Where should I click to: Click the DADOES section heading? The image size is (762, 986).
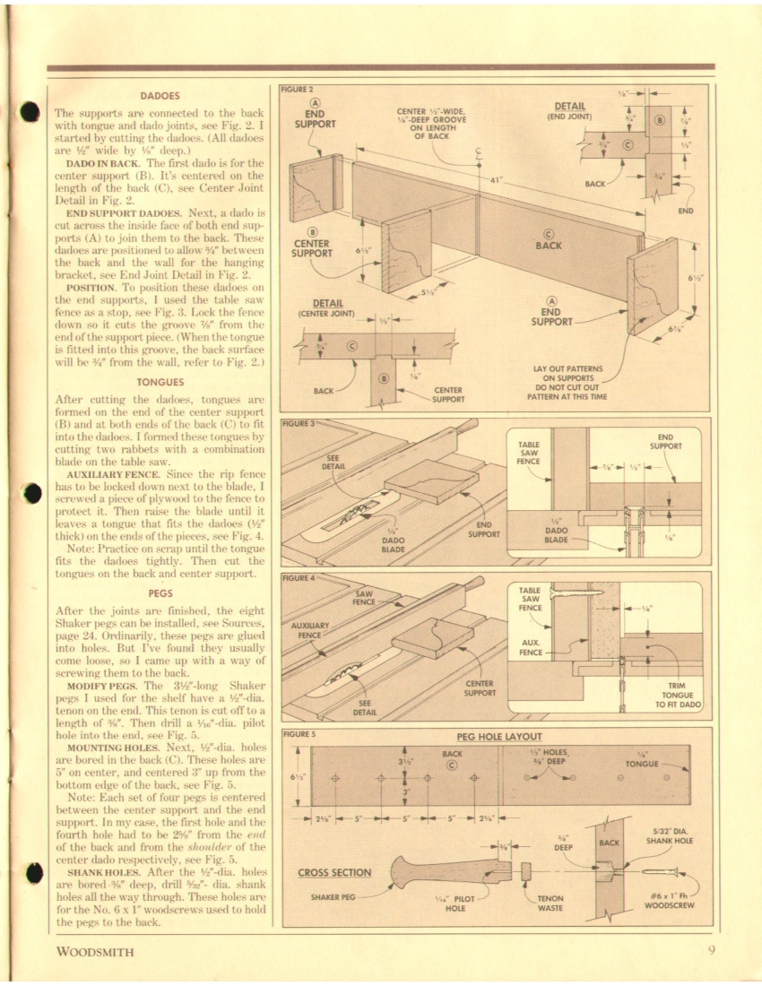(160, 95)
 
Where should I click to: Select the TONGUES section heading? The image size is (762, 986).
(160, 381)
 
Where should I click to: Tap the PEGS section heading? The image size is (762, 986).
(160, 592)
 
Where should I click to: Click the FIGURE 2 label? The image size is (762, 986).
(298, 90)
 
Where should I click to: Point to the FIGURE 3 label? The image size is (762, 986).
(298, 422)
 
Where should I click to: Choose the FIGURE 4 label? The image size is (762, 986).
(298, 578)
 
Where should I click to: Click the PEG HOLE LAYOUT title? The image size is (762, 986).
(499, 737)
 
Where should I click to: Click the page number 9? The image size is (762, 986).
(709, 952)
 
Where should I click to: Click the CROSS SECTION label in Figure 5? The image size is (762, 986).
(334, 872)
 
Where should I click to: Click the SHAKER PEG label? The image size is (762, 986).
(336, 896)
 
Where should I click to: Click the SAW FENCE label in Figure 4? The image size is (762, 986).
(363, 598)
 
